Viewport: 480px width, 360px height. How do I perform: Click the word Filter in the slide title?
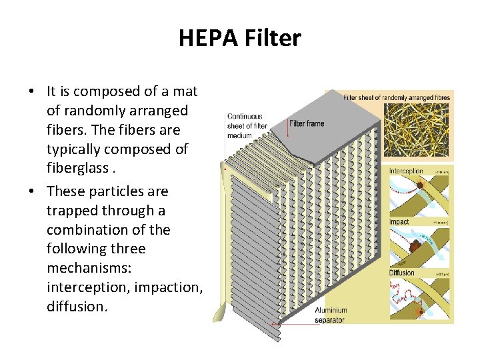pyautogui.click(x=270, y=39)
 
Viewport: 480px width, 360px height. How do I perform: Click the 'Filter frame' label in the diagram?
pyautogui.click(x=307, y=123)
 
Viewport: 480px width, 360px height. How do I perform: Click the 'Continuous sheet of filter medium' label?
pyautogui.click(x=247, y=126)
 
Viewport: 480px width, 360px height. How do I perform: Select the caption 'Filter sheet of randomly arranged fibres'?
pyautogui.click(x=396, y=97)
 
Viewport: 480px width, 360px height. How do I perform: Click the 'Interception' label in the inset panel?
pyautogui.click(x=406, y=171)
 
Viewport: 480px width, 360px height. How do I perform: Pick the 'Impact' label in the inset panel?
pyautogui.click(x=399, y=221)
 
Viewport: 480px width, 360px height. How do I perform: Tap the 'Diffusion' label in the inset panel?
pyautogui.click(x=402, y=273)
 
